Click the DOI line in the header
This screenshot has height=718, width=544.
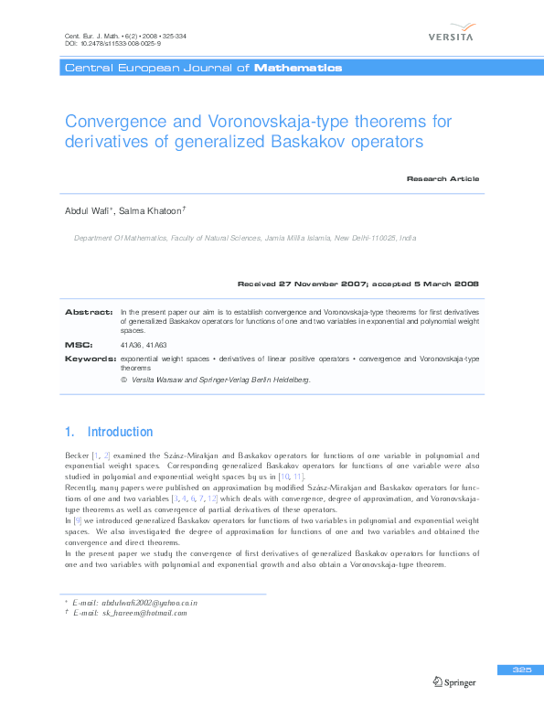point(101,43)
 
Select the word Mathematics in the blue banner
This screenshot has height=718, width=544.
point(298,68)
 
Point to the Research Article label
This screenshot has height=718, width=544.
point(443,178)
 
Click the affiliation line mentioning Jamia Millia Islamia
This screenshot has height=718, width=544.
point(244,238)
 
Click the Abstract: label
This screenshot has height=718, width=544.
point(89,312)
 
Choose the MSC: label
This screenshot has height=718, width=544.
point(79,345)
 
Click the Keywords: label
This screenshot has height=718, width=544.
point(90,359)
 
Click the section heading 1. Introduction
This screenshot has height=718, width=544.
point(109,432)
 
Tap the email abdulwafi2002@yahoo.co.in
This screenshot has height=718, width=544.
point(149,603)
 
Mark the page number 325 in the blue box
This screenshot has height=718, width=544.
point(522,670)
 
